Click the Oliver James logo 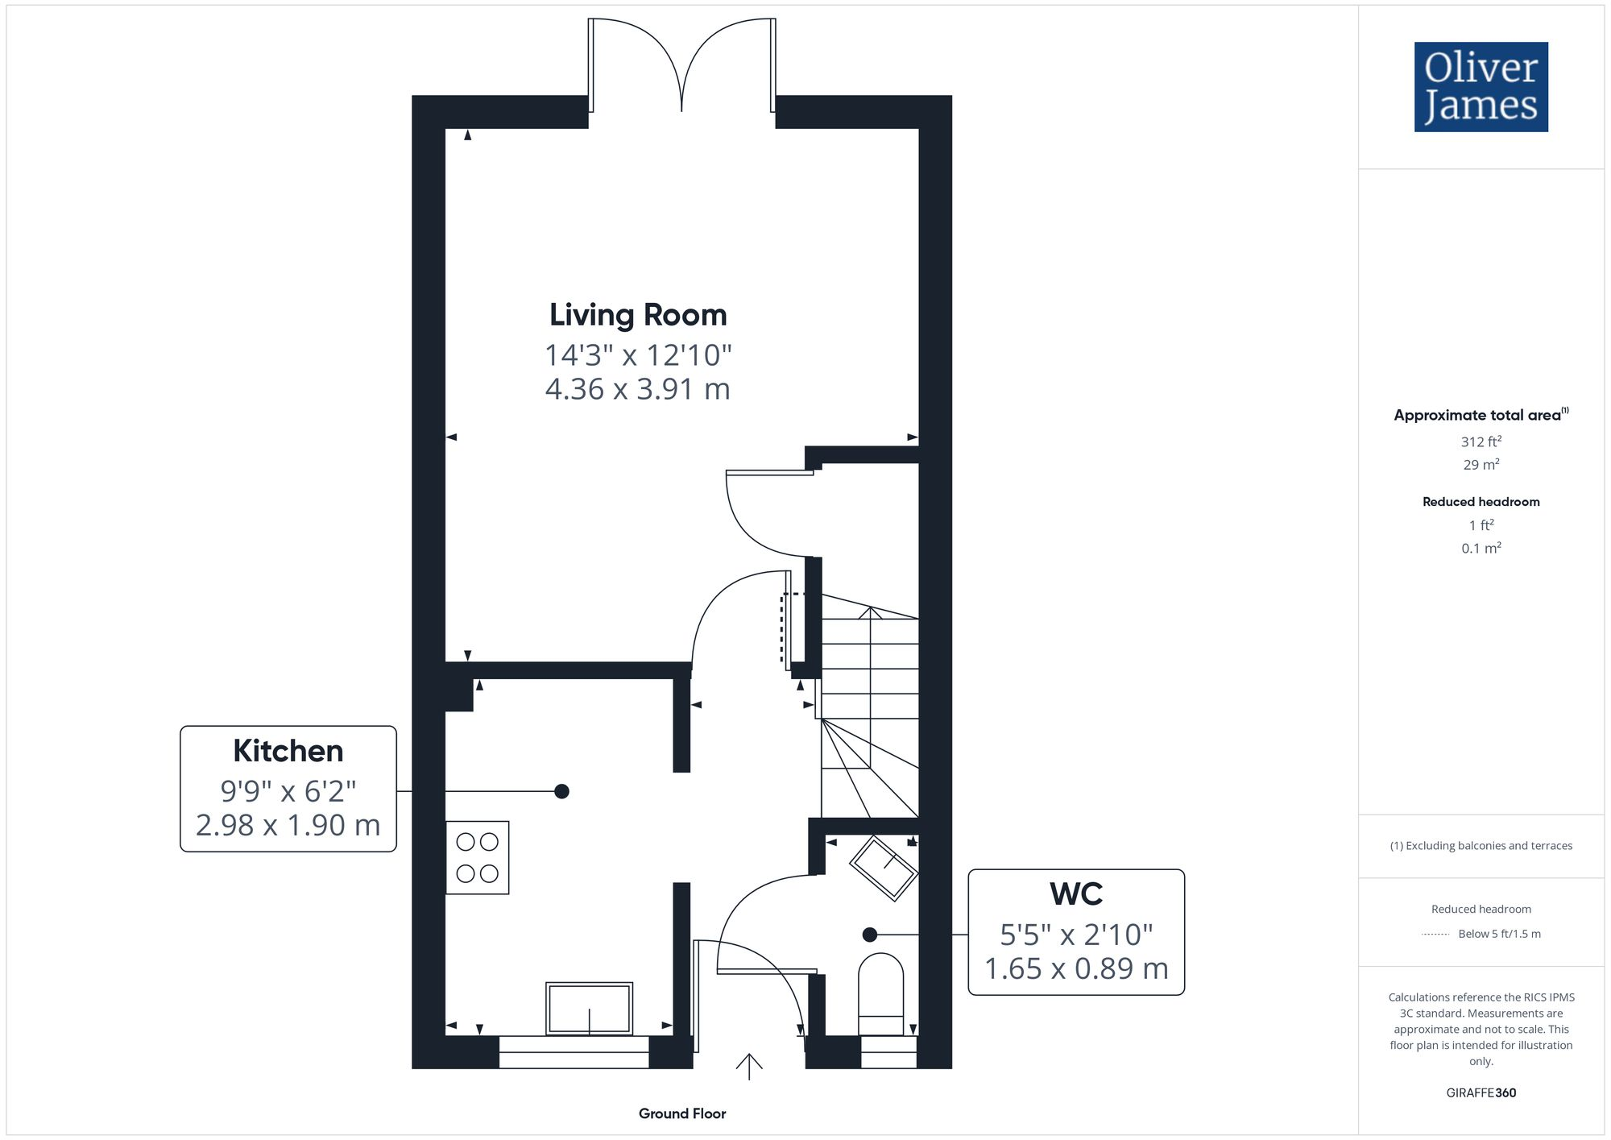tap(1481, 87)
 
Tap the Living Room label tap(638, 315)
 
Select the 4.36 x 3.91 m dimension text tap(638, 389)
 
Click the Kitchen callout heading tap(288, 751)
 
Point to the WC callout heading tap(1076, 894)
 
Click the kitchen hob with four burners tap(478, 858)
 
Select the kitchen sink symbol tap(589, 1008)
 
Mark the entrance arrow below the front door tap(749, 1066)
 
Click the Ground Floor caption tap(682, 1113)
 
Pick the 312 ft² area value tap(1481, 441)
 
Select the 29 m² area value tap(1481, 465)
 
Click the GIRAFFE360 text tap(1481, 1093)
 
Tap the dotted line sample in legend tap(1435, 935)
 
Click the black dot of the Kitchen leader tap(562, 791)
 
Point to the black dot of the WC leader tap(869, 935)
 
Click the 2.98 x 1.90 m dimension tap(288, 825)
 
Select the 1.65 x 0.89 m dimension tap(1076, 968)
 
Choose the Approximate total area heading tap(1476, 416)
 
